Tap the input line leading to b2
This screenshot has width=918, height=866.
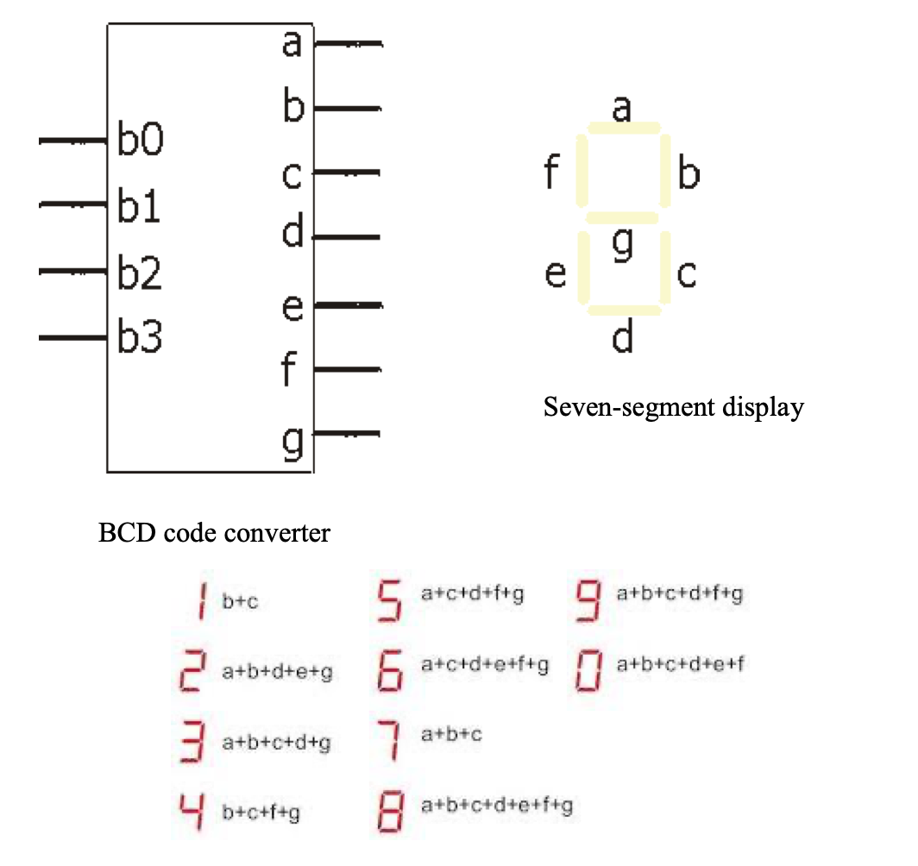pyautogui.click(x=73, y=272)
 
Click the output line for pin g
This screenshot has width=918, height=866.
pyautogui.click(x=346, y=433)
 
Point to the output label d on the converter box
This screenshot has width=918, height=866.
pyautogui.click(x=294, y=233)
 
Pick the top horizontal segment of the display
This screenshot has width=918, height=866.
pyautogui.click(x=624, y=129)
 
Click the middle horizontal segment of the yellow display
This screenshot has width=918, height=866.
pyautogui.click(x=622, y=218)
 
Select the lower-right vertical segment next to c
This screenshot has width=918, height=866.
pyautogui.click(x=664, y=268)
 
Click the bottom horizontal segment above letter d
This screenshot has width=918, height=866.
pyautogui.click(x=623, y=309)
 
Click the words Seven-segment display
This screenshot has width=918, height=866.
pyautogui.click(x=673, y=407)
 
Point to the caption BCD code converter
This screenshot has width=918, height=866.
pyautogui.click(x=214, y=533)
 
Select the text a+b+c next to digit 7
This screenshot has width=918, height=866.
pyautogui.click(x=451, y=734)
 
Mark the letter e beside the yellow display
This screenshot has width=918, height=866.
pyautogui.click(x=556, y=274)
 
